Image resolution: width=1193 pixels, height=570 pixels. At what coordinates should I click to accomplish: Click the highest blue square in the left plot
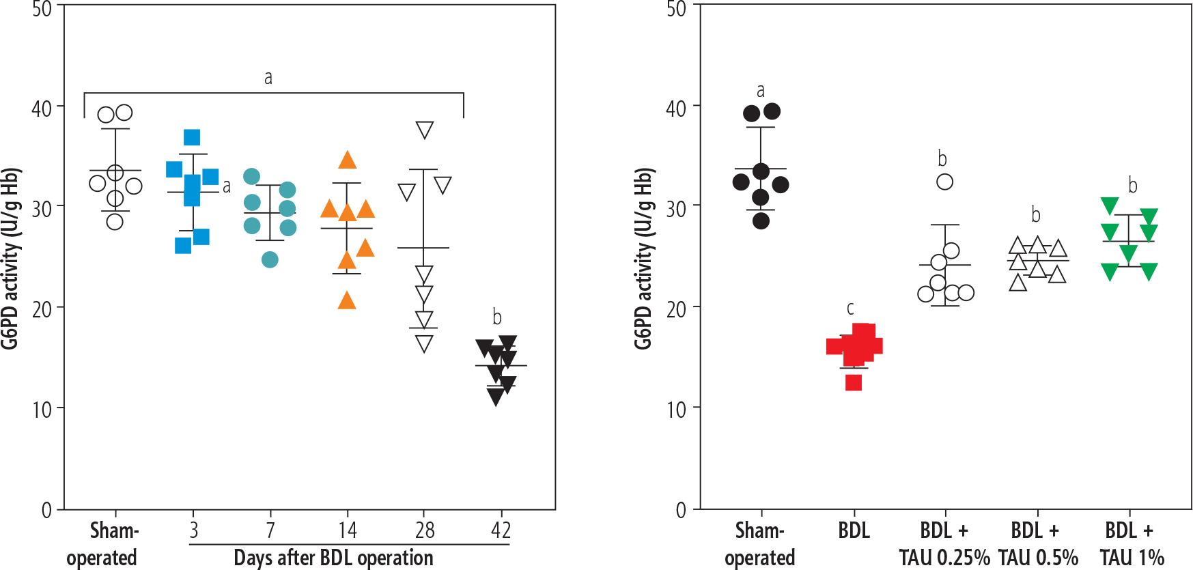tap(192, 137)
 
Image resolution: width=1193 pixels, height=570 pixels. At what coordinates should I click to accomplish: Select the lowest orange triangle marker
tap(347, 300)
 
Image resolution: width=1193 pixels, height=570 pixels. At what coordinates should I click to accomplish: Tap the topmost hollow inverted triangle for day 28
tap(424, 130)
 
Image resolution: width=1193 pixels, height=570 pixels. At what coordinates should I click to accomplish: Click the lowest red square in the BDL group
tap(853, 382)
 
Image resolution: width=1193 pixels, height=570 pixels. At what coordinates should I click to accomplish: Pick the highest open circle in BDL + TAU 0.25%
tap(944, 182)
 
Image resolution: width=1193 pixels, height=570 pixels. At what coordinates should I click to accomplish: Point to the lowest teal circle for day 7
tap(270, 259)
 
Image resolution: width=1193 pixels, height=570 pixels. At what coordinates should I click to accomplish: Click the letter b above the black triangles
tap(497, 317)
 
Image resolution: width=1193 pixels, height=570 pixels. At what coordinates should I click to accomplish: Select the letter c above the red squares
tap(850, 309)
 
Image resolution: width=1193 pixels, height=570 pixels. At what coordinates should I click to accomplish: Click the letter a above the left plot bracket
tap(268, 78)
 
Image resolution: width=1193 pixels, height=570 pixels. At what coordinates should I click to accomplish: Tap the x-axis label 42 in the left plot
tap(501, 530)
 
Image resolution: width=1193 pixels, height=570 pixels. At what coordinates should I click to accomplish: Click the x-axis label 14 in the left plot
tap(347, 530)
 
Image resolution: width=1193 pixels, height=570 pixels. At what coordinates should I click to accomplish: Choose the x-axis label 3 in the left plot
tap(194, 530)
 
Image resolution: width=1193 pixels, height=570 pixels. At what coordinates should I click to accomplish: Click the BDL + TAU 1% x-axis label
tap(1131, 544)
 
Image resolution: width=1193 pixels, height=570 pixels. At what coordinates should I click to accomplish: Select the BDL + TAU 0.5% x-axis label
tap(1037, 544)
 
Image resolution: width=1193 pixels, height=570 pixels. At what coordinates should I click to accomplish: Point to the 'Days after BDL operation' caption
tap(333, 558)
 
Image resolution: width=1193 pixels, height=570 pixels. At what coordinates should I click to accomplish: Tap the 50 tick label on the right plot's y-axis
tap(675, 10)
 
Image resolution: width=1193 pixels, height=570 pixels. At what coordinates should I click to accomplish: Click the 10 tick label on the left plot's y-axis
tap(42, 410)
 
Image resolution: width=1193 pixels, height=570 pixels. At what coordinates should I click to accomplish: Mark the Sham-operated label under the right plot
tap(759, 544)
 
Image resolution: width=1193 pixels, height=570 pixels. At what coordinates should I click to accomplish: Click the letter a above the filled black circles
tap(761, 91)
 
